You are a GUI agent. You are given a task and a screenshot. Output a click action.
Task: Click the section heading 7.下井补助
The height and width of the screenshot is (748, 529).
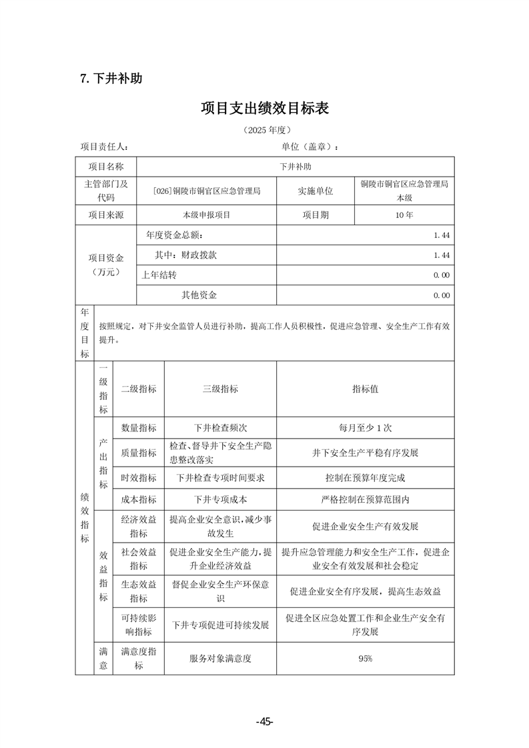point(111,79)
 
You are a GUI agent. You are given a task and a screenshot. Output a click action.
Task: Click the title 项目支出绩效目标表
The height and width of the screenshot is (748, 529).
point(265,108)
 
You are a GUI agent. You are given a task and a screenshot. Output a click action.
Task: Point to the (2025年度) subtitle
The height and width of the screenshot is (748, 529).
point(265,131)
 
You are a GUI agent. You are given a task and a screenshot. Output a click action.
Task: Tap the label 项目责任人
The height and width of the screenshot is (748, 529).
point(105,147)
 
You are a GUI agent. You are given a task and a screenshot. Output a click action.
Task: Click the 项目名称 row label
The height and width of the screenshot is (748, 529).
point(106,167)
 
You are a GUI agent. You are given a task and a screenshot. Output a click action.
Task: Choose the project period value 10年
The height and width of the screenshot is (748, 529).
point(404,215)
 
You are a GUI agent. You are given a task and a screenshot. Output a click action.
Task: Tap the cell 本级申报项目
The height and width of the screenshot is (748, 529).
point(206,215)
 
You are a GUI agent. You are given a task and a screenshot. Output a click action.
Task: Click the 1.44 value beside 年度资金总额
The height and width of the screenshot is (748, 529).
point(441,235)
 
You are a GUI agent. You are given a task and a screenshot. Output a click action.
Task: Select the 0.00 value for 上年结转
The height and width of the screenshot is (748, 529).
point(441,275)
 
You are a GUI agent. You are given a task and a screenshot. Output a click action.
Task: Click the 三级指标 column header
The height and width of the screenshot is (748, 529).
point(220,389)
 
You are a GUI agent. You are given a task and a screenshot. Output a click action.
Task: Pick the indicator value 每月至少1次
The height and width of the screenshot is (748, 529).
point(365,428)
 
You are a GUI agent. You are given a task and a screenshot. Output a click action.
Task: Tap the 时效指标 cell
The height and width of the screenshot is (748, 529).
point(139,477)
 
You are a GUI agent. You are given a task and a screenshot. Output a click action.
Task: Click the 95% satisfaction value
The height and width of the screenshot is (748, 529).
point(365,659)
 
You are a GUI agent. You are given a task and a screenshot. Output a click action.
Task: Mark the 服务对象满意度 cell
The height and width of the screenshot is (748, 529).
point(220,659)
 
